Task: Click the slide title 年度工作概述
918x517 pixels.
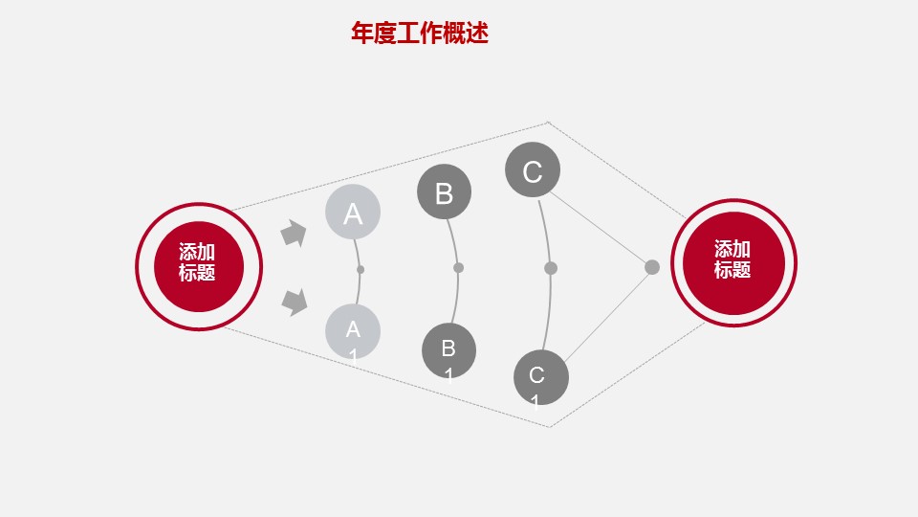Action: coord(420,34)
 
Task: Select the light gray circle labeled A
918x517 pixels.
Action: coord(353,213)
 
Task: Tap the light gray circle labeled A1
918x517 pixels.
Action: coord(353,332)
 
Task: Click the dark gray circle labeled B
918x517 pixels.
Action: coord(444,191)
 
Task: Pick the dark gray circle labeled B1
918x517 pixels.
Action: coord(448,350)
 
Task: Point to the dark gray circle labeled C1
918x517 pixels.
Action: coord(540,376)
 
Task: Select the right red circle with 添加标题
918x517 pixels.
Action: coord(733,262)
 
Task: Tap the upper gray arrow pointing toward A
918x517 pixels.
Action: coord(294,234)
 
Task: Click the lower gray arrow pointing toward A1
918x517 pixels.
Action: coord(295,302)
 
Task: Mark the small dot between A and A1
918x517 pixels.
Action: coord(361,269)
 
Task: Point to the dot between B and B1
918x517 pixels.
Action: coord(458,267)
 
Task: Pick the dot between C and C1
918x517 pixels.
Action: coord(550,268)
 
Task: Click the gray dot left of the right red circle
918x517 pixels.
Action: coord(652,267)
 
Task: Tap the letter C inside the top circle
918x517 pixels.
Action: coord(533,172)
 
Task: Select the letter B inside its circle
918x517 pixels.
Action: coord(444,193)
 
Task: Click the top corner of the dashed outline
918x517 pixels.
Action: coord(548,122)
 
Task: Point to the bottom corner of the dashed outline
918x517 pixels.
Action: coord(549,427)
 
